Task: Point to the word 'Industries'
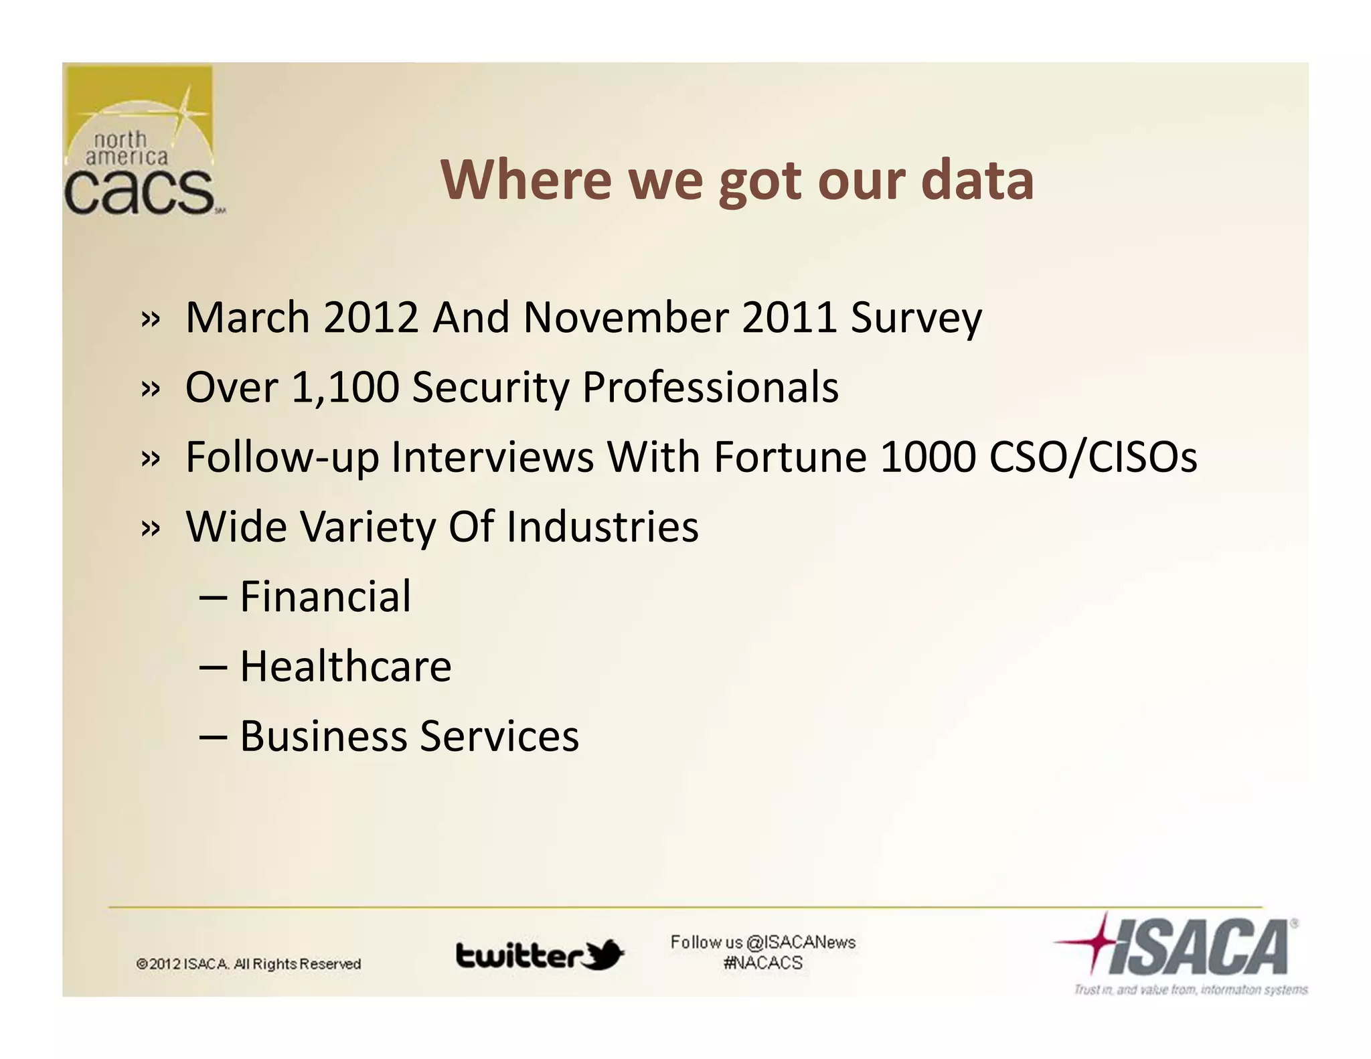602,527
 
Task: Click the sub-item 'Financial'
325,596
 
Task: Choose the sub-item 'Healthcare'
345,667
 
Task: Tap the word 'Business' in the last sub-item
323,736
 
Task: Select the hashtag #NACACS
762,963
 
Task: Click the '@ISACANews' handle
801,943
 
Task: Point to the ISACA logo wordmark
1198,947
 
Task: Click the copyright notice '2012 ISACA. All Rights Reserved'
248,964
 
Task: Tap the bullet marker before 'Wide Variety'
151,528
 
